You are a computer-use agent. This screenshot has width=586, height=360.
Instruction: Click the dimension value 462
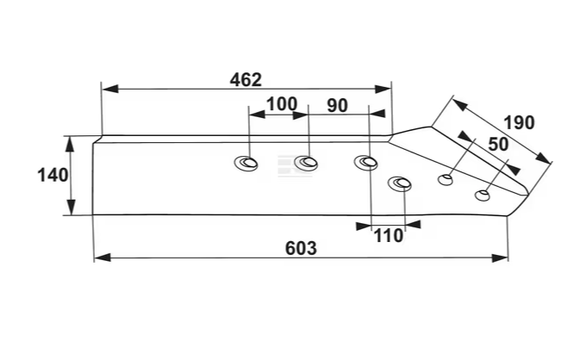click(246, 80)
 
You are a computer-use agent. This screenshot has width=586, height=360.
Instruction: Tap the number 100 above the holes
click(281, 104)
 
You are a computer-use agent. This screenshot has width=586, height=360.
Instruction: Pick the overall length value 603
click(300, 248)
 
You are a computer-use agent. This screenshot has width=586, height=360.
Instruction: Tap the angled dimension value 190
click(518, 122)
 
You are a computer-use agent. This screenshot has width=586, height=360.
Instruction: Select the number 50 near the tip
click(498, 144)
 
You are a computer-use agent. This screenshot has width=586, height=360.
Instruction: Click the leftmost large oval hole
click(248, 164)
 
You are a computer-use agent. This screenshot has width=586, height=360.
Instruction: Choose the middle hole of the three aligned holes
click(306, 163)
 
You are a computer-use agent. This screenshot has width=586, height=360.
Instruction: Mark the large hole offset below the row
click(400, 183)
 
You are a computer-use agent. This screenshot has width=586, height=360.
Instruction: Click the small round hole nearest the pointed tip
click(483, 195)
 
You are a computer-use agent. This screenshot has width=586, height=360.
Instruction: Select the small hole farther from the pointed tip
click(446, 179)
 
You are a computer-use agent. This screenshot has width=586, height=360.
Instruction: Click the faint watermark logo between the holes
click(277, 164)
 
